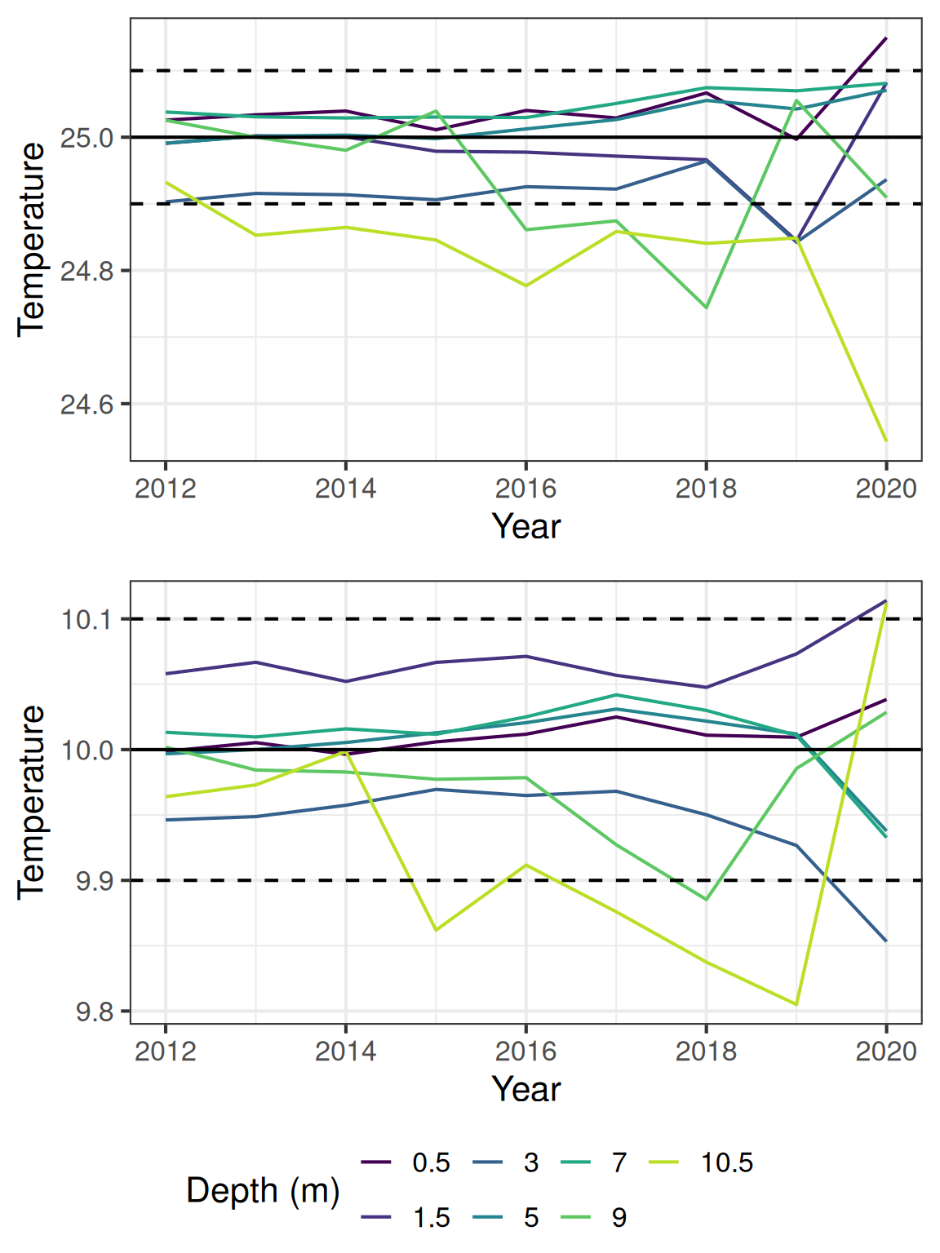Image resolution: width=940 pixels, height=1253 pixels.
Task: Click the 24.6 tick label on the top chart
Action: tap(86, 404)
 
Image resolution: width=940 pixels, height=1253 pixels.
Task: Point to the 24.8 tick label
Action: tap(86, 271)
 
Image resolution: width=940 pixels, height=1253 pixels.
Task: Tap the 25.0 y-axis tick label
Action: tap(86, 138)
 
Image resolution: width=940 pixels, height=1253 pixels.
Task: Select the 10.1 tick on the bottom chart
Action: tap(86, 619)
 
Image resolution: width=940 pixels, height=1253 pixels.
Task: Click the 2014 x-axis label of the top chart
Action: tap(345, 489)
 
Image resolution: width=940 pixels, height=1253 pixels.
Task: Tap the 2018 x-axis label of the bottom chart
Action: tap(706, 1052)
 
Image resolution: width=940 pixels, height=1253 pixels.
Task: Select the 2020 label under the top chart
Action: tap(886, 489)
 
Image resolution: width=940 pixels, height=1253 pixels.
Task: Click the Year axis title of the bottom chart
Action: tap(526, 1090)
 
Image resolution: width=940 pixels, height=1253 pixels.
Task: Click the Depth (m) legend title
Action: tap(263, 1190)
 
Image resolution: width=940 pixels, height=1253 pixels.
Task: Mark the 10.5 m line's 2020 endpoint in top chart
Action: tap(886, 441)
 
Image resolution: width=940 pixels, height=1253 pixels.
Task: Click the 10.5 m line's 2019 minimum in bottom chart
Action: tap(796, 1004)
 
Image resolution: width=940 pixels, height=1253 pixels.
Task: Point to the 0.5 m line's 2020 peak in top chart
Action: tap(886, 38)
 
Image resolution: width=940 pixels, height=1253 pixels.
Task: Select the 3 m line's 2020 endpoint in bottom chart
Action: tap(886, 941)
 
